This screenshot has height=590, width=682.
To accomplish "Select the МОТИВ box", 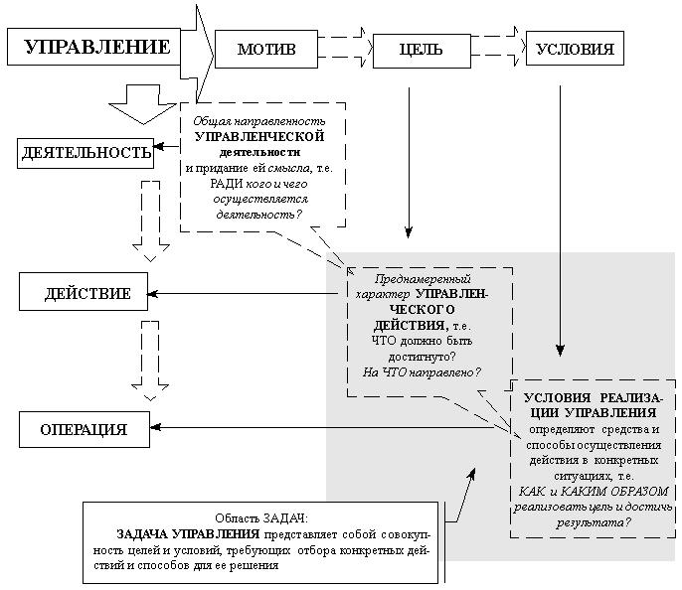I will (266, 49).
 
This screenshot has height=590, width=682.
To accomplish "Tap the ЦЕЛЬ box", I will (421, 49).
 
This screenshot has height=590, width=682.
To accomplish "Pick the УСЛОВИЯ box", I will (575, 49).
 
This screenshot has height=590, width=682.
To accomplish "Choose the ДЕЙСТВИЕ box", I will (88, 294).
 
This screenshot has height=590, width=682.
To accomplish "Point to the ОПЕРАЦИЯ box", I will (85, 429).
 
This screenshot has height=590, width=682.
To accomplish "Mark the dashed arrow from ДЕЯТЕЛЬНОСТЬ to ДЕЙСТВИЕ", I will (151, 221).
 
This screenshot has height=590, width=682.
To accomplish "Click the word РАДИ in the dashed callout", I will (227, 183).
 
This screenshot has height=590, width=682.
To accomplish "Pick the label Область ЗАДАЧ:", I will (261, 518).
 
